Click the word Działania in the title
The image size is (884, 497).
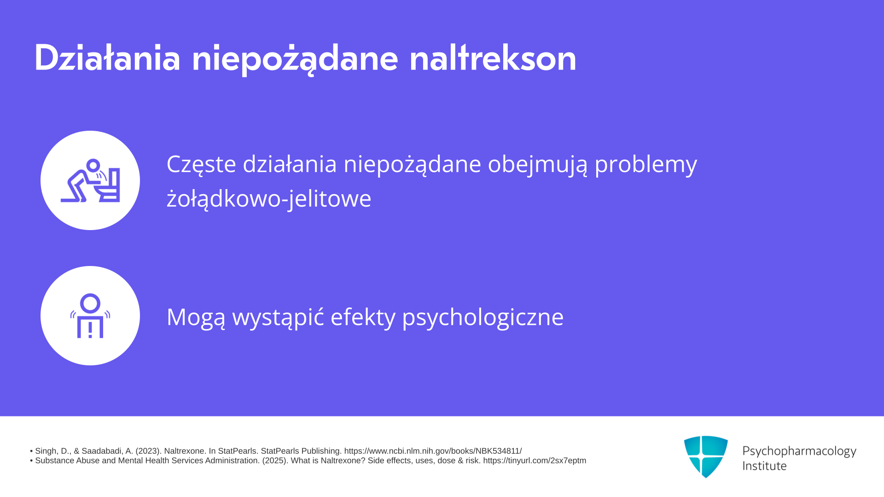pyautogui.click(x=107, y=58)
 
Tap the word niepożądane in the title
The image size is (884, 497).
pyautogui.click(x=295, y=59)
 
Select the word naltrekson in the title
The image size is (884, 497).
pyautogui.click(x=493, y=58)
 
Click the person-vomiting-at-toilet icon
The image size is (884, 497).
pyautogui.click(x=90, y=180)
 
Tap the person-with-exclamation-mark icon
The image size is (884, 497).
pyautogui.click(x=90, y=316)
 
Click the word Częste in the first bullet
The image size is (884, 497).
pyautogui.click(x=201, y=164)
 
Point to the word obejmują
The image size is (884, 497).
pyautogui.click(x=538, y=165)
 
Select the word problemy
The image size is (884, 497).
pyautogui.click(x=646, y=165)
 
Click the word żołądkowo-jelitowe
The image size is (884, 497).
pyautogui.click(x=269, y=199)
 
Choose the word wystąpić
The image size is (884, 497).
pyautogui.click(x=278, y=317)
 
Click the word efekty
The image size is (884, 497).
pyautogui.click(x=363, y=317)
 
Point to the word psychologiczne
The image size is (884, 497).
pyautogui.click(x=483, y=318)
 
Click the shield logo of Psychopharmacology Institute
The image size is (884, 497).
pyautogui.click(x=706, y=457)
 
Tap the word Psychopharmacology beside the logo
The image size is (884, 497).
pyautogui.click(x=799, y=451)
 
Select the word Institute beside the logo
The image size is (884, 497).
pyautogui.click(x=764, y=466)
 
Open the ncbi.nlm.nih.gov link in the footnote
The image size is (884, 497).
pyautogui.click(x=433, y=451)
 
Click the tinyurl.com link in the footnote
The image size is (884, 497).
pyautogui.click(x=535, y=461)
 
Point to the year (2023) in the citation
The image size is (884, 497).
pyautogui.click(x=148, y=451)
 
